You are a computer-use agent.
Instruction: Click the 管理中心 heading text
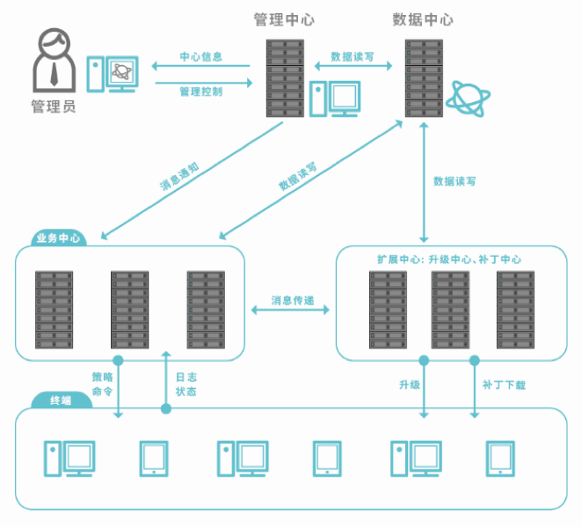pyautogui.click(x=283, y=18)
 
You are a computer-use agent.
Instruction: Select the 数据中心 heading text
pyautogui.click(x=423, y=18)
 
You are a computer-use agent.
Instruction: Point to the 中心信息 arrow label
pyautogui.click(x=200, y=57)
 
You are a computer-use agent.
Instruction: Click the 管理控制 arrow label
pyautogui.click(x=200, y=91)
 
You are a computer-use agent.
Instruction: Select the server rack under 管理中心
pyautogui.click(x=284, y=77)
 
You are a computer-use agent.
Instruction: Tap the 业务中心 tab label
pyautogui.click(x=59, y=238)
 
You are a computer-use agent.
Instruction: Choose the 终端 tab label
pyautogui.click(x=61, y=400)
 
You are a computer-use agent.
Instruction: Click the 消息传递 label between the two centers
pyautogui.click(x=290, y=299)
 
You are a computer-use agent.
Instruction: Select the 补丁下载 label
pyautogui.click(x=504, y=385)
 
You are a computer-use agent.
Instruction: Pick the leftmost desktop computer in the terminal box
pyautogui.click(x=69, y=458)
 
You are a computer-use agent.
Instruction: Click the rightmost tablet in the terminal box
pyautogui.click(x=500, y=458)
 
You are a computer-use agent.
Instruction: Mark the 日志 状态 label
pyautogui.click(x=186, y=384)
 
